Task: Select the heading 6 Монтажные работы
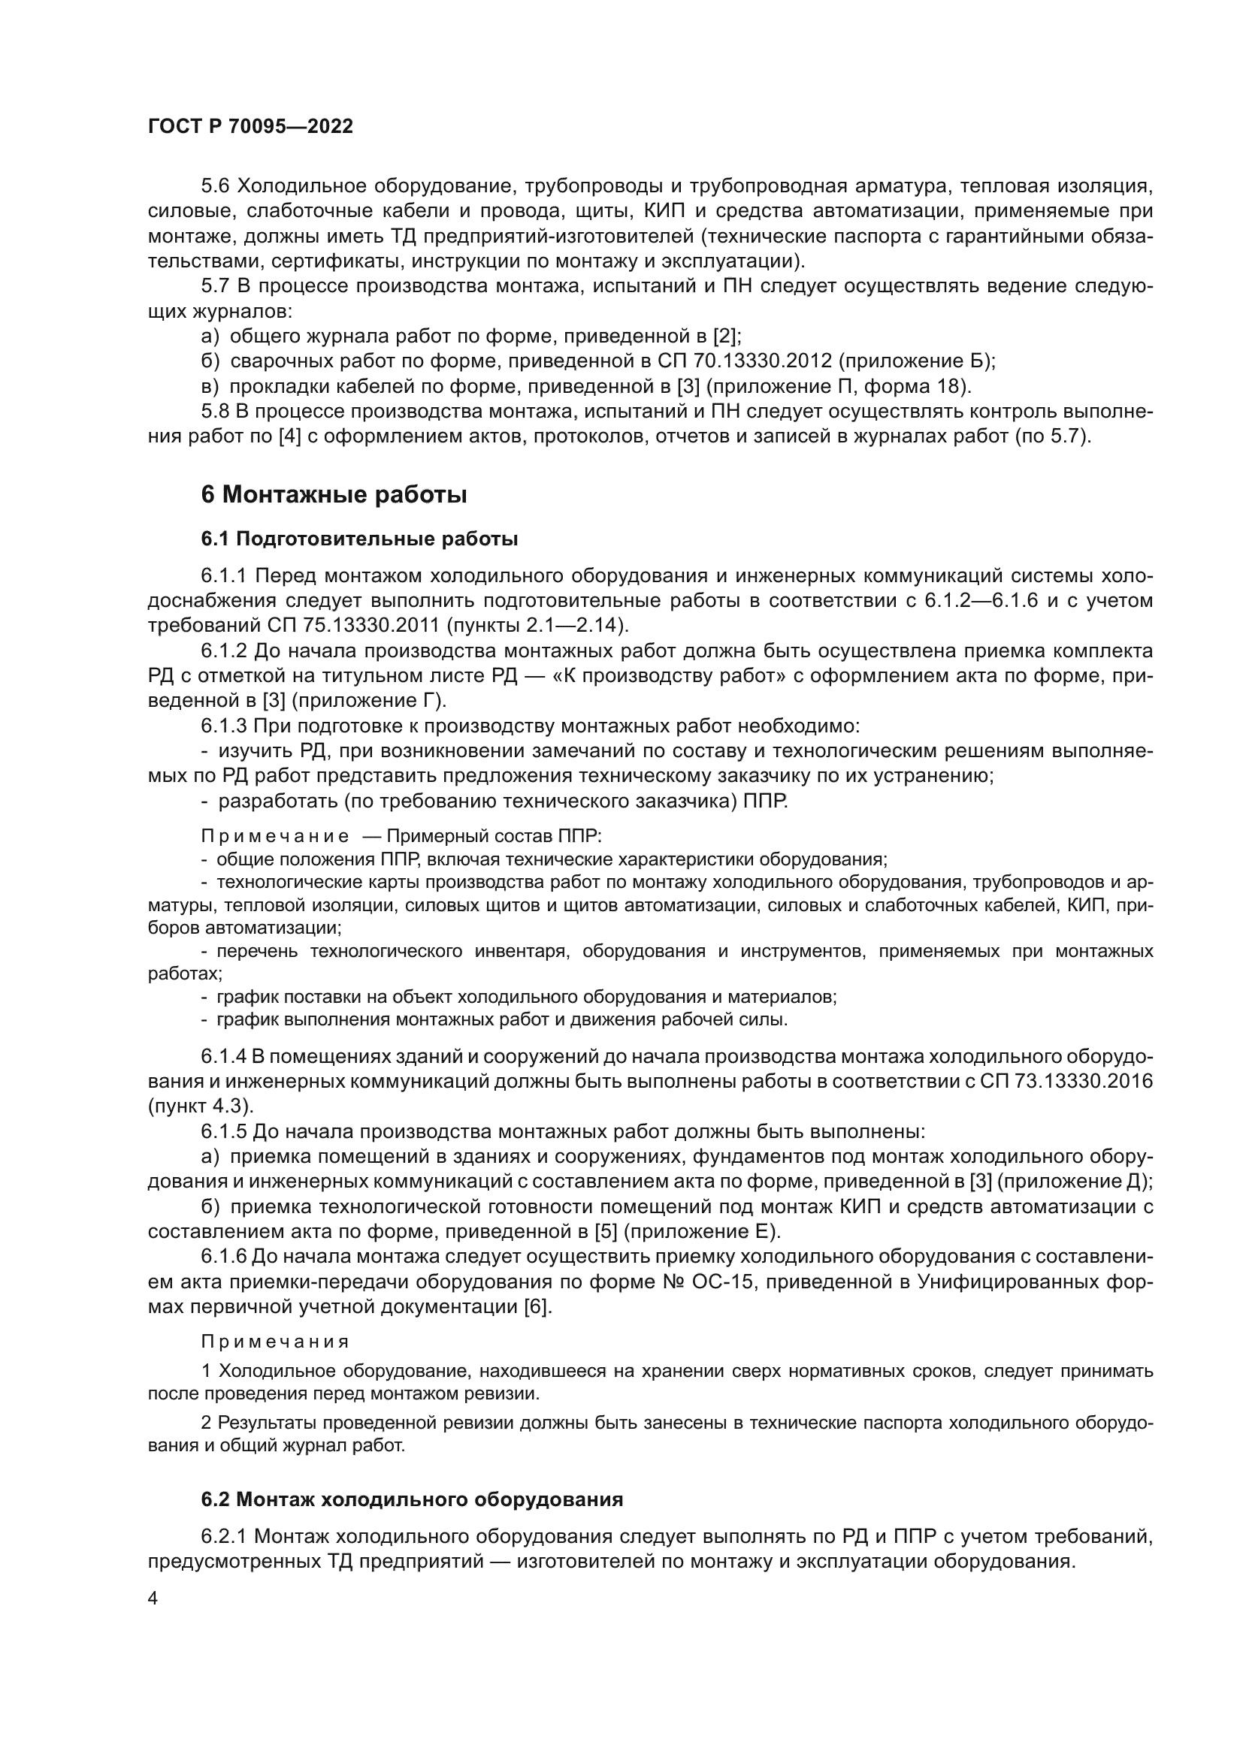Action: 334,495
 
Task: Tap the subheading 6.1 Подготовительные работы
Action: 359,539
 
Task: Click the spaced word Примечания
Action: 275,1341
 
